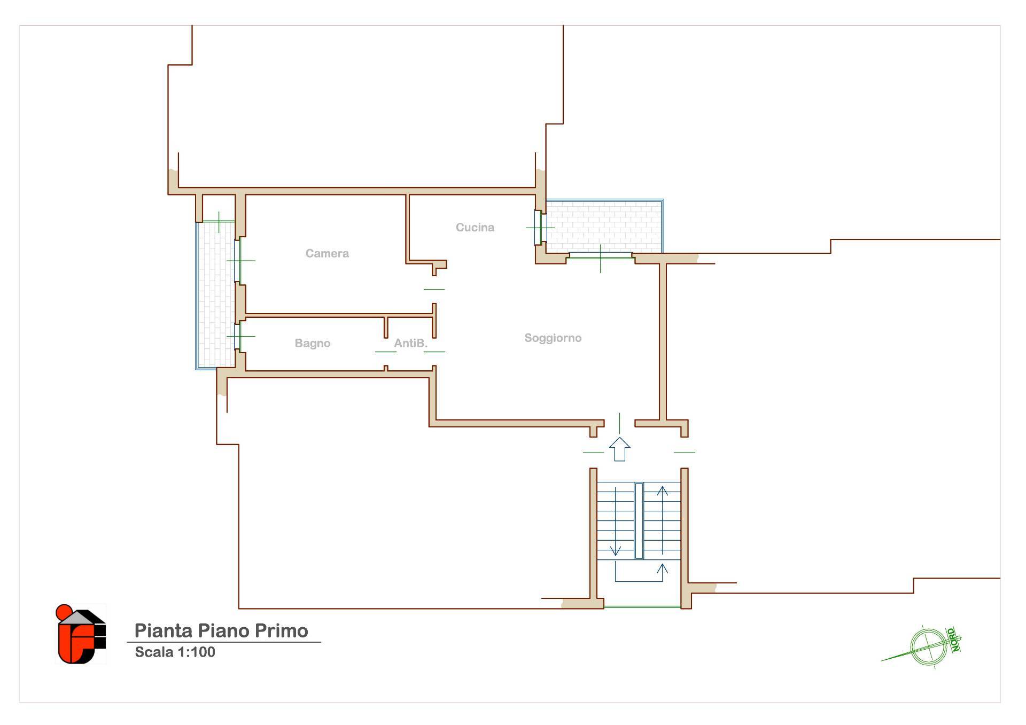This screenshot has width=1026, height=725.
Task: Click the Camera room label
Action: tap(327, 253)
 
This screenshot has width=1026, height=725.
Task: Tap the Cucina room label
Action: tap(475, 227)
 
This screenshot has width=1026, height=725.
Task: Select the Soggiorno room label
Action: tap(553, 338)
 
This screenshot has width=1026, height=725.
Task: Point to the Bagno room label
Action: tap(313, 343)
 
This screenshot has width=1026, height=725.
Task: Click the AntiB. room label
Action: tap(411, 343)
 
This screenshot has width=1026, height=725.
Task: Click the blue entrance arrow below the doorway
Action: tap(620, 449)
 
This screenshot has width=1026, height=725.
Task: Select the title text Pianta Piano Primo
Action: tap(221, 630)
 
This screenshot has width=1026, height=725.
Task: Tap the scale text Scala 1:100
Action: tap(175, 652)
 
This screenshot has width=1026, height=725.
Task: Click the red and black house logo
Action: tap(81, 634)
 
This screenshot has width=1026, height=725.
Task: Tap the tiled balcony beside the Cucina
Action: tap(604, 226)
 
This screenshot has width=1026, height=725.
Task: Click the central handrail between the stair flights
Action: tap(639, 521)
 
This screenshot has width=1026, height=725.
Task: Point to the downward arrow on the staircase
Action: tap(616, 521)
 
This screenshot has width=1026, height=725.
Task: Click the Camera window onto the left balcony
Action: tap(238, 261)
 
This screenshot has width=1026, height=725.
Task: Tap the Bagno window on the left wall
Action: tap(238, 336)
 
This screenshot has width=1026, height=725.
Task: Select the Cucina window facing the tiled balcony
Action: tap(539, 228)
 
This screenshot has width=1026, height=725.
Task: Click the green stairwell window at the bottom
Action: tap(642, 607)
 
